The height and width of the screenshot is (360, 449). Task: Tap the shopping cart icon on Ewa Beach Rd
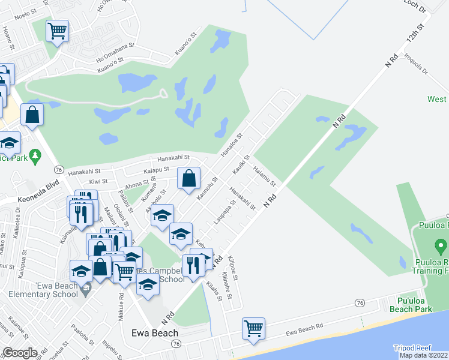click(254, 328)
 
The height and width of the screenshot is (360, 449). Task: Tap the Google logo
click(20, 353)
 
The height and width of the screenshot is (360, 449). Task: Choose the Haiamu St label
click(264, 175)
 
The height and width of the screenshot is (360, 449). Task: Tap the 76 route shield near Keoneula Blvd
click(59, 169)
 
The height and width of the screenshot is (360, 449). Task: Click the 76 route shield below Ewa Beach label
click(175, 344)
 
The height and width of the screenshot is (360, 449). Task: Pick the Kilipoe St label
click(233, 268)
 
